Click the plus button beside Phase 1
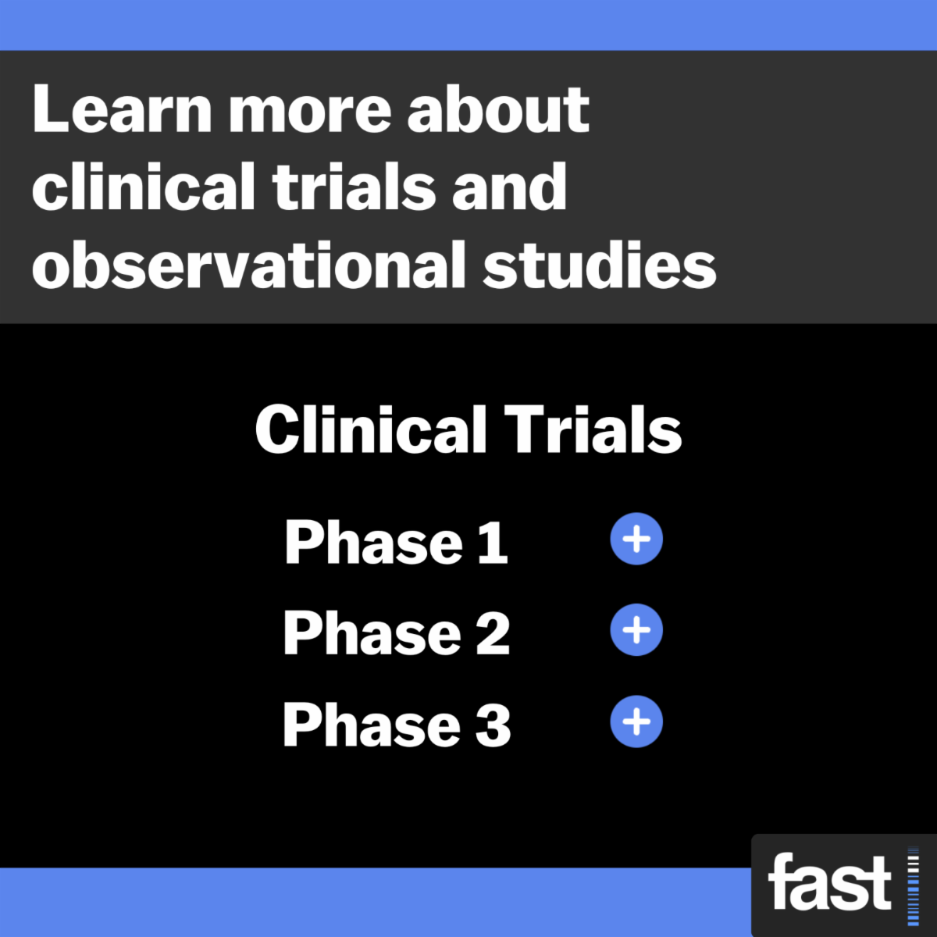coord(636,540)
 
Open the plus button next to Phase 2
coord(636,630)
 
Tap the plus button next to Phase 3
coord(636,721)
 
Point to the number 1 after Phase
coord(493,543)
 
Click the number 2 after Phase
coord(493,633)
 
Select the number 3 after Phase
coord(493,725)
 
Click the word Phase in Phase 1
coord(374,543)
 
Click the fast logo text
coord(829,883)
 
